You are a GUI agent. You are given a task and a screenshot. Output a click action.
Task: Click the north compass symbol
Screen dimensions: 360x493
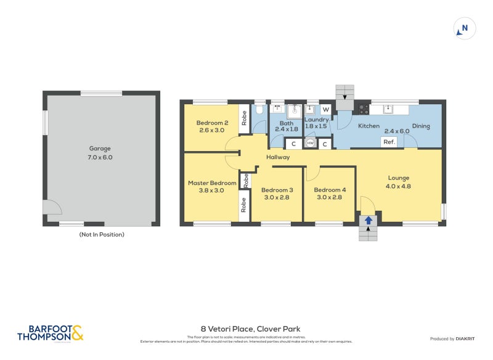click(x=464, y=28)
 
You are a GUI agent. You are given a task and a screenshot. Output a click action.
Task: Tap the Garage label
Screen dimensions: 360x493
click(x=100, y=149)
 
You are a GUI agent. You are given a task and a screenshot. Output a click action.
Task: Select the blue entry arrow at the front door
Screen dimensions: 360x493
click(x=369, y=219)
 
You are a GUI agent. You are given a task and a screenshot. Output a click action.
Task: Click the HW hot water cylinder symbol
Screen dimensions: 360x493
click(x=310, y=144)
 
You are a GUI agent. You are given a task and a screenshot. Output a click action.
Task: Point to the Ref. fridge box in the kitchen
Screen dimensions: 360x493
click(x=389, y=142)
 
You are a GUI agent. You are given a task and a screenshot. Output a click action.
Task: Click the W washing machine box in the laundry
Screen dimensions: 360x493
click(x=326, y=110)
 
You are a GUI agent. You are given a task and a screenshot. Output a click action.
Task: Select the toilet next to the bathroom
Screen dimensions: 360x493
click(x=259, y=110)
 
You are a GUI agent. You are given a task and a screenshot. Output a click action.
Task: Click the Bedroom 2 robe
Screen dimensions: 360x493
click(x=244, y=117)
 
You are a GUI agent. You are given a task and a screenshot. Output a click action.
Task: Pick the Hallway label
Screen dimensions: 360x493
click(x=278, y=157)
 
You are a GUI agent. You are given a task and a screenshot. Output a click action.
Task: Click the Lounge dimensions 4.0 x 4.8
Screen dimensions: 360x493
click(x=398, y=186)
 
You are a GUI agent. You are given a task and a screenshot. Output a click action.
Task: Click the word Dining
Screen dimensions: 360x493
click(x=421, y=126)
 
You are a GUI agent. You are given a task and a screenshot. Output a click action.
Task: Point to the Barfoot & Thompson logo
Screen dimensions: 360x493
click(x=50, y=333)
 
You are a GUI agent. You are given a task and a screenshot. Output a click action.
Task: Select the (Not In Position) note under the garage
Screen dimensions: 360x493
click(x=102, y=235)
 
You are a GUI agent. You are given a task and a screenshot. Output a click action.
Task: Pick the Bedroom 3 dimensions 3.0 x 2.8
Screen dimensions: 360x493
click(x=277, y=198)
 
